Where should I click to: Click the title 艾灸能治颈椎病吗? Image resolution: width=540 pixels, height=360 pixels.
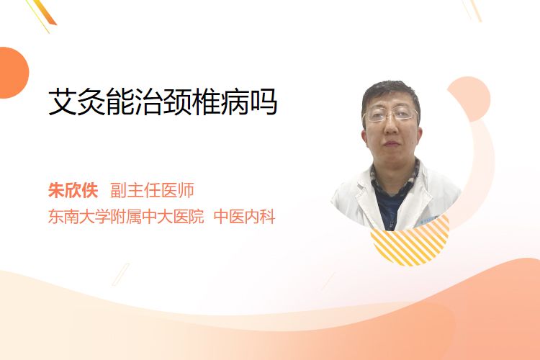tap(163, 102)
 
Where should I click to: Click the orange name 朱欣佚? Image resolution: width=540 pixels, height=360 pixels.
tap(73, 191)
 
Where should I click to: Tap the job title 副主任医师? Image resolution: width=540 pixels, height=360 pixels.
tap(152, 191)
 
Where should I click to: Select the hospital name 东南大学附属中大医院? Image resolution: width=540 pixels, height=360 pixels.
tap(126, 217)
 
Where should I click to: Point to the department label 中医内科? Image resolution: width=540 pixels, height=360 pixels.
tap(244, 217)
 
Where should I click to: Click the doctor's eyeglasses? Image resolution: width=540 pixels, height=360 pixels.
tap(391, 114)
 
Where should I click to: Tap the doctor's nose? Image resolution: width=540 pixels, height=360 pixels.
tap(391, 127)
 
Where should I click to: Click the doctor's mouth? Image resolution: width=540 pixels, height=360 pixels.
tap(392, 143)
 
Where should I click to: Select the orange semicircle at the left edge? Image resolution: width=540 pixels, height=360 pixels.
tap(13, 73)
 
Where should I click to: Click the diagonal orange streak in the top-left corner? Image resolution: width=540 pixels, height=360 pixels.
tap(44, 13)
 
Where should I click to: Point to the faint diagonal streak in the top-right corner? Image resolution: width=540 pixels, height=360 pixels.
tap(473, 10)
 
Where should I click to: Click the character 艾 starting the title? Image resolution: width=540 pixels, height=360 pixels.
tap(63, 102)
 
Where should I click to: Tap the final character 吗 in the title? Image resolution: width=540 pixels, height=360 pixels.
tap(264, 102)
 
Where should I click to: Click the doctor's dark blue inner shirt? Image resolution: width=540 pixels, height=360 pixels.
tap(389, 207)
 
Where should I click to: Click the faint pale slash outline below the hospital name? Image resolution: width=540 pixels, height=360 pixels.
tap(120, 274)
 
